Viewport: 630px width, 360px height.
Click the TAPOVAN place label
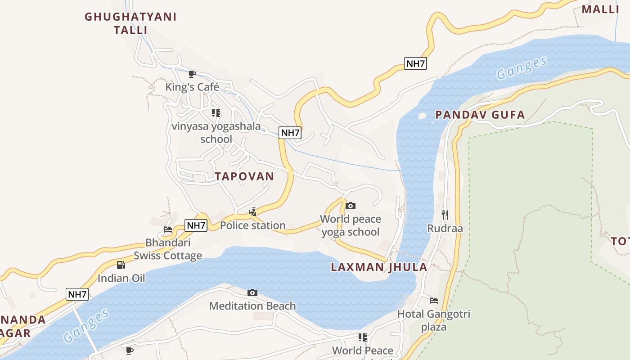244,176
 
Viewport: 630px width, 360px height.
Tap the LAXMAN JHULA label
379,267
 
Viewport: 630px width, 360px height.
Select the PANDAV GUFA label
480,115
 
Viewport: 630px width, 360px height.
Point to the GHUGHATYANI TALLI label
130,23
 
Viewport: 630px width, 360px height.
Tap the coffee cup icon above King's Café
192,74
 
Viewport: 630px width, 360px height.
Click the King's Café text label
192,87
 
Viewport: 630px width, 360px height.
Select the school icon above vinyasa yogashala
216,113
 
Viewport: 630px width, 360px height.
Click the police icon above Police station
253,211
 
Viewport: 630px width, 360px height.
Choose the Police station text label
253,225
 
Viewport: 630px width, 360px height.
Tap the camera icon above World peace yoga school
351,206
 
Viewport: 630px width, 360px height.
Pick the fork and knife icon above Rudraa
445,215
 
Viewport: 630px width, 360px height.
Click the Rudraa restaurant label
445,228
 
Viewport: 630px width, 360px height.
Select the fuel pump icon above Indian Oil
121,265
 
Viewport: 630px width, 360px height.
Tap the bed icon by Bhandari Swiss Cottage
168,229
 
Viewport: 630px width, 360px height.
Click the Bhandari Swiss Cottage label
168,249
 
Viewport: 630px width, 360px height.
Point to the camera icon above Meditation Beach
252,293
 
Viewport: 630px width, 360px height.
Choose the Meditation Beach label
252,306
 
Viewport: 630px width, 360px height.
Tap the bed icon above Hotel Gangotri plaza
434,300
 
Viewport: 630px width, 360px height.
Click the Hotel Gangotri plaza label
434,320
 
